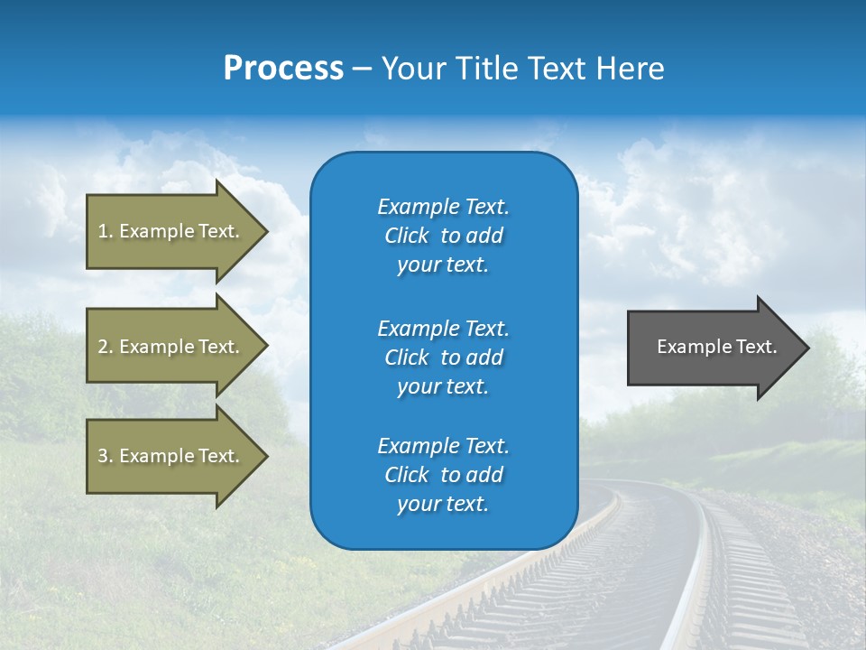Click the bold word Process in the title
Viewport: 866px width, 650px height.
point(283,69)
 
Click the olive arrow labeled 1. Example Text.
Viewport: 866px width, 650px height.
point(171,231)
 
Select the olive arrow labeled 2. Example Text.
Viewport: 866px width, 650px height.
point(171,347)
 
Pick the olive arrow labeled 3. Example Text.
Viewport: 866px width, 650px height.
point(171,456)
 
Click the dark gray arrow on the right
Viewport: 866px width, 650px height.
point(713,347)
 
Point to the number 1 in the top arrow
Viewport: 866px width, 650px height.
point(103,231)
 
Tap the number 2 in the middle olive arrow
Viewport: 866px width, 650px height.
point(103,347)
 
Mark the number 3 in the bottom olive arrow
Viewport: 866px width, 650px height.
point(103,456)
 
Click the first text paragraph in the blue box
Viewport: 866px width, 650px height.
point(443,236)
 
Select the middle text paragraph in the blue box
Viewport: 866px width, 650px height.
point(443,357)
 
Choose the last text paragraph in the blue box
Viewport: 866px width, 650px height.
point(443,475)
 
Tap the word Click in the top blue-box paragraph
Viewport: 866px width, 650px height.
point(407,236)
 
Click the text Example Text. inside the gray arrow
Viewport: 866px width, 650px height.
point(716,347)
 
